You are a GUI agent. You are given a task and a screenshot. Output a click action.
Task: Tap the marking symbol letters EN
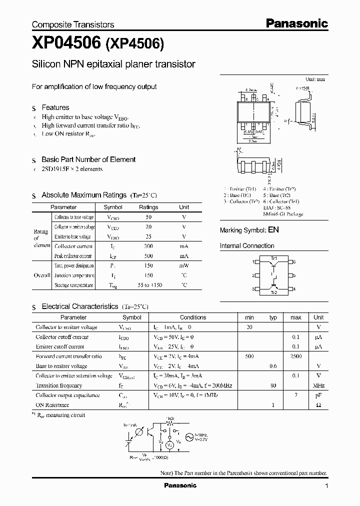(x=273, y=230)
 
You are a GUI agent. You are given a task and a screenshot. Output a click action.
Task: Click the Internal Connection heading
(x=247, y=246)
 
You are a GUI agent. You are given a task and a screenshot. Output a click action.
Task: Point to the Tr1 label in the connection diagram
(x=273, y=257)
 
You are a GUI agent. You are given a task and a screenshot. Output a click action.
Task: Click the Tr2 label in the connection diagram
(x=273, y=293)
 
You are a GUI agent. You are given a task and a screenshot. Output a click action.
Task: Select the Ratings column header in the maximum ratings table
(x=148, y=207)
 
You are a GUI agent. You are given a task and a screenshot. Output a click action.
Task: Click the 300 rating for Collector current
(x=148, y=246)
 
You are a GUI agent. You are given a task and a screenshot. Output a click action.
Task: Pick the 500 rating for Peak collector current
(x=148, y=255)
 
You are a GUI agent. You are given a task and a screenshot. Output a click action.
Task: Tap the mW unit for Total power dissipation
(x=184, y=265)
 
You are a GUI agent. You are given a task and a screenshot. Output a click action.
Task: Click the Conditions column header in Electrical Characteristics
(x=193, y=317)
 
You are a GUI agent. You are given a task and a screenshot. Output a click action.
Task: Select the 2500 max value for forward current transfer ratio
(x=295, y=356)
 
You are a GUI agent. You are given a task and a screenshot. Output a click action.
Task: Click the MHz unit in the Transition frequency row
(x=318, y=385)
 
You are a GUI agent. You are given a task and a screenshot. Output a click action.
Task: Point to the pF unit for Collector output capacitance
(x=318, y=395)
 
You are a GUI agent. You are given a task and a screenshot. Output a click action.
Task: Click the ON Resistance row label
(x=52, y=405)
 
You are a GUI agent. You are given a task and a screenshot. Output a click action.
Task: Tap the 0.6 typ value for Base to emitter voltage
(x=273, y=366)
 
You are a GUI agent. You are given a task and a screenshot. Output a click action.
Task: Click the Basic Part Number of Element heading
(x=88, y=159)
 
